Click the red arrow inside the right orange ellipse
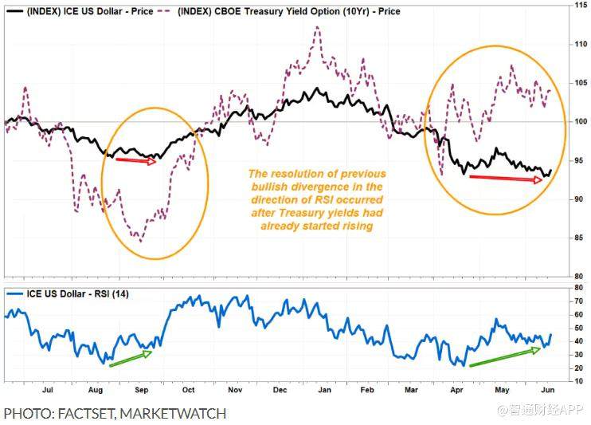(507, 179)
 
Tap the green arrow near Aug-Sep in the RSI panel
(130, 359)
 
